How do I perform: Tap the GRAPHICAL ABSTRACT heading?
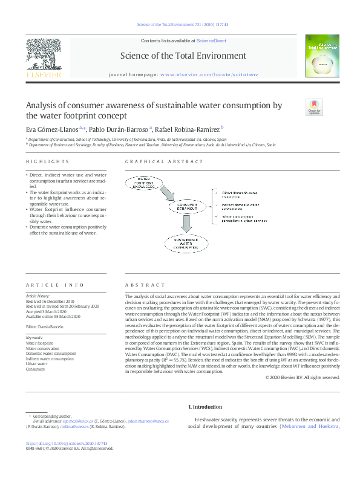(155, 162)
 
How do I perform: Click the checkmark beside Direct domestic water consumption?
(216, 192)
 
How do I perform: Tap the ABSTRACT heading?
(145, 285)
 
